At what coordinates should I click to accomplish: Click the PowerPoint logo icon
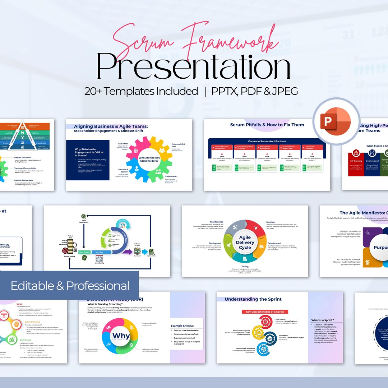click(x=336, y=121)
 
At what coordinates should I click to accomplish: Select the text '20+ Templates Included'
click(x=141, y=91)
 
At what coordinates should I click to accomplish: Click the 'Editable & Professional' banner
click(x=70, y=286)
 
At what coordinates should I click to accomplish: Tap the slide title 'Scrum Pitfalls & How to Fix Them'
click(x=267, y=125)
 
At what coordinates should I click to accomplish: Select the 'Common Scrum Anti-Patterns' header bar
click(x=267, y=141)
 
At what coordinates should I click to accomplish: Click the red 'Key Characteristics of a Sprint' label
click(x=264, y=312)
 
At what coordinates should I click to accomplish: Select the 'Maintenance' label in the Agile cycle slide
click(x=217, y=222)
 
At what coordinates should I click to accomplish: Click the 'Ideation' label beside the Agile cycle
click(x=271, y=222)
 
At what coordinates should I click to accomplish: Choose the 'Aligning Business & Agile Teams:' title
click(x=111, y=126)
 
